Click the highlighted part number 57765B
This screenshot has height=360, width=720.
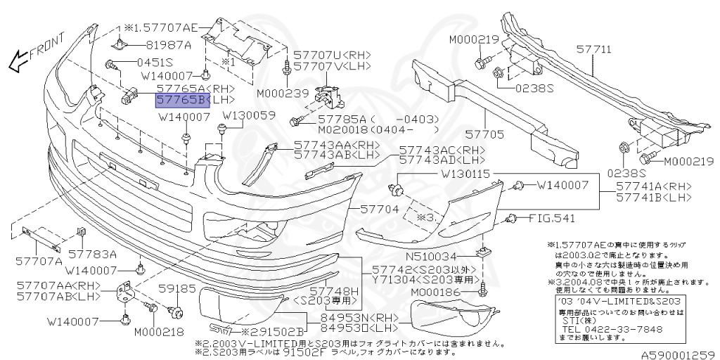pyautogui.click(x=179, y=101)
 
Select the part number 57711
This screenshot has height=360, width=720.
pyautogui.click(x=594, y=51)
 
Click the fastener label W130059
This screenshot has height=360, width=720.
pyautogui.click(x=250, y=115)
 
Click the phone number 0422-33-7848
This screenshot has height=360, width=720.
pyautogui.click(x=611, y=328)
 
